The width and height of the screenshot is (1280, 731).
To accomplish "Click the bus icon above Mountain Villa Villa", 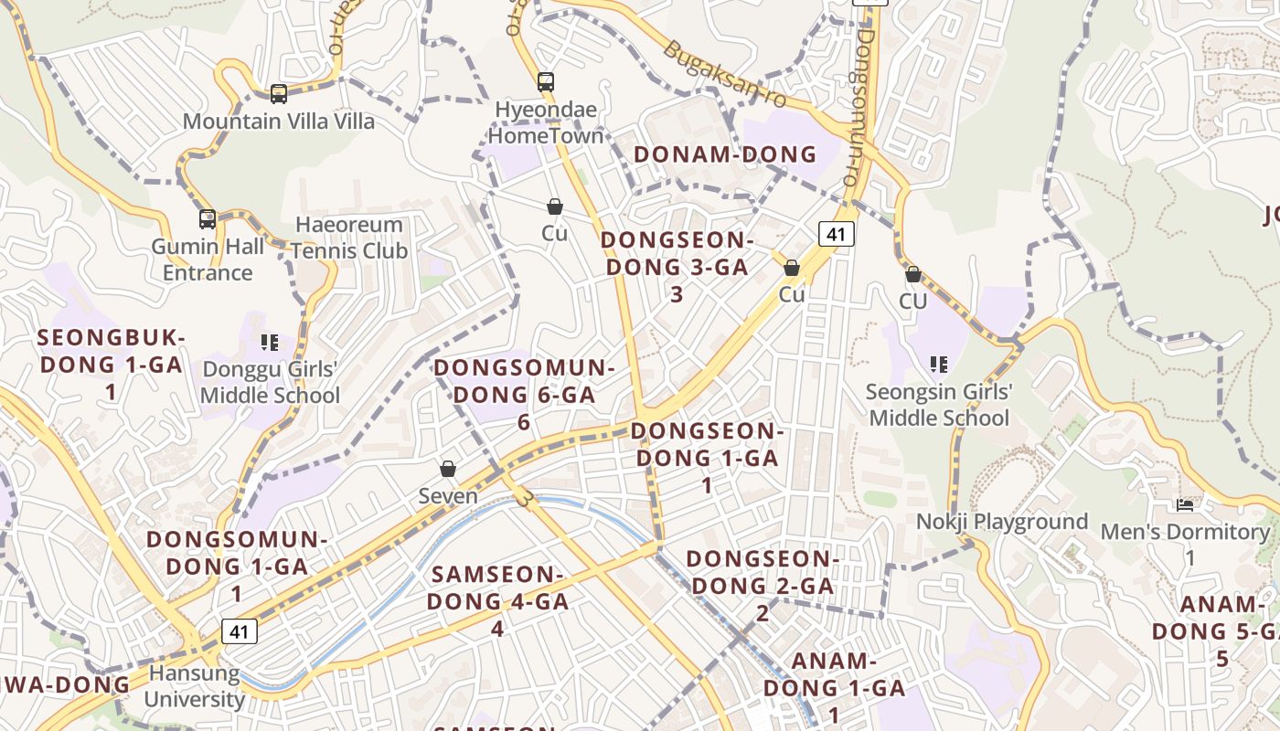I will coord(279,93).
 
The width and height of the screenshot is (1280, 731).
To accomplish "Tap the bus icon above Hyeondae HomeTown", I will coord(546,82).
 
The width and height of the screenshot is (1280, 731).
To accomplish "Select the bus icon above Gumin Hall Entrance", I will coord(208,219).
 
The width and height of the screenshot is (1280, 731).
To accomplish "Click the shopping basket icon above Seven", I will coord(448,470).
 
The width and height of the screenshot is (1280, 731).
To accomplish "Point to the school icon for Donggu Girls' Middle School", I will coord(269,343).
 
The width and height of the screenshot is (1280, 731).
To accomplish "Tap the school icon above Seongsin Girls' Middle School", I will coord(938,365).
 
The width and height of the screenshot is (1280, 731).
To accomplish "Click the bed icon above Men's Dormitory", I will coord(1185,505).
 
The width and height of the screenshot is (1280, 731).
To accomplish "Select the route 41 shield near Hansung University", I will coord(239,630).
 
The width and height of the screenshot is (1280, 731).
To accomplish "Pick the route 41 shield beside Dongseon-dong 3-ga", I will coord(836,234).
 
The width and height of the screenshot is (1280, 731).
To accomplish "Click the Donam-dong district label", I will coord(725,154).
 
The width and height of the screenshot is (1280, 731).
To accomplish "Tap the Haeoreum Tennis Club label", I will coord(348,238).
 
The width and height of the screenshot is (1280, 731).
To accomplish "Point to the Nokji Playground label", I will coord(1002,522).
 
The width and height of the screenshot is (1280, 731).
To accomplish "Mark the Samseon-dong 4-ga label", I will coord(497,601).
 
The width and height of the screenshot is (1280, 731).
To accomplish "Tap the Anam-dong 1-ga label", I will coord(834,687).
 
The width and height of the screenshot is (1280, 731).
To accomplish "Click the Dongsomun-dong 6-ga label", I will coord(524,394).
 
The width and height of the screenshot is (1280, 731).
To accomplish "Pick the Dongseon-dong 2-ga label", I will coord(762,585).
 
